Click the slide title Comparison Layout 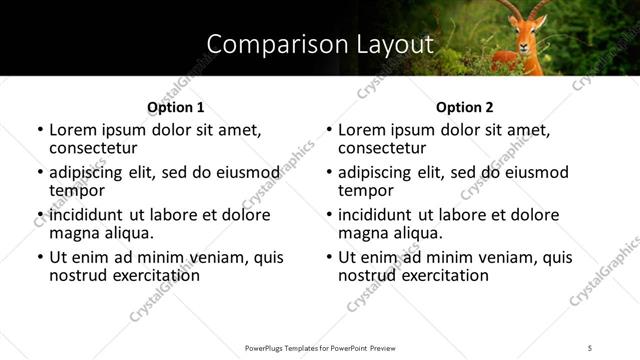[x=319, y=44]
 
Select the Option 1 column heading [x=175, y=107]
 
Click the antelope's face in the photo [x=529, y=39]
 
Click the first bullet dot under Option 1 [x=40, y=131]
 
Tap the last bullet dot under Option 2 [x=329, y=258]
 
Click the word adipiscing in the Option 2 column [x=379, y=172]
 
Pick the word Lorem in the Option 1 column [x=71, y=130]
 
